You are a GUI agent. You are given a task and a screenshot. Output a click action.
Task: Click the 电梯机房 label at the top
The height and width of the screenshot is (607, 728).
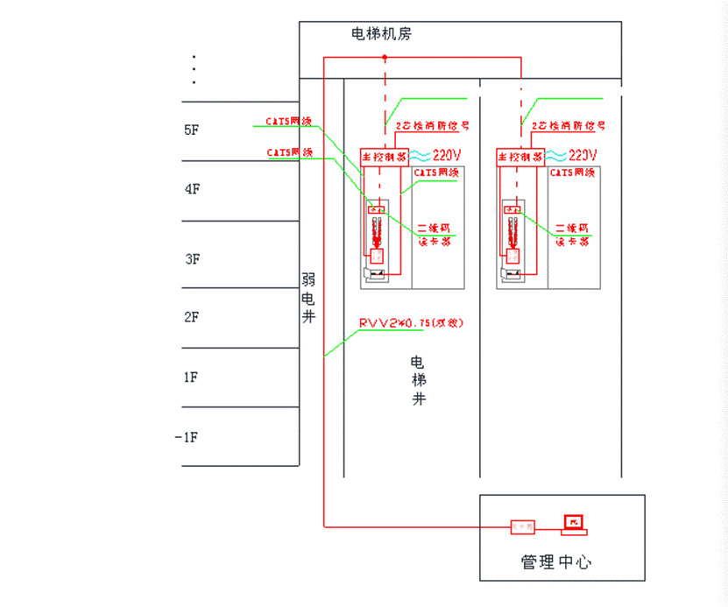click(x=381, y=34)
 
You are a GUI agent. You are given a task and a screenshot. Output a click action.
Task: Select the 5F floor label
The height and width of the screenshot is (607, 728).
click(x=192, y=130)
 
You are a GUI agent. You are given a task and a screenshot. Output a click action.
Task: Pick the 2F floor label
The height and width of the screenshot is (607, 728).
click(x=192, y=317)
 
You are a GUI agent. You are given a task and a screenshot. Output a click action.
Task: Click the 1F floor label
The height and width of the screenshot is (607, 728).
click(x=190, y=377)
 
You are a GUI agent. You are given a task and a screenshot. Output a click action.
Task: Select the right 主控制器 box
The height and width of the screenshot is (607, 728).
click(x=520, y=157)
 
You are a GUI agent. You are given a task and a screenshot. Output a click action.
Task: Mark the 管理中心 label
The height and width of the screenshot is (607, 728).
click(x=555, y=561)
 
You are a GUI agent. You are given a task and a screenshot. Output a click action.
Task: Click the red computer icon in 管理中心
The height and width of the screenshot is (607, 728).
click(x=574, y=524)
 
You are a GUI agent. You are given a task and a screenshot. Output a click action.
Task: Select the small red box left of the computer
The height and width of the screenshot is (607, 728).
click(x=523, y=526)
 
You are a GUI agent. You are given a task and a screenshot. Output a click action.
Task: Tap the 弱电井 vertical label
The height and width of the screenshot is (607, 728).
click(x=308, y=298)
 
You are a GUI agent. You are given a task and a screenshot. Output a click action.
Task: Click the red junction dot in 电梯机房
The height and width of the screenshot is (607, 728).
click(x=385, y=58)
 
